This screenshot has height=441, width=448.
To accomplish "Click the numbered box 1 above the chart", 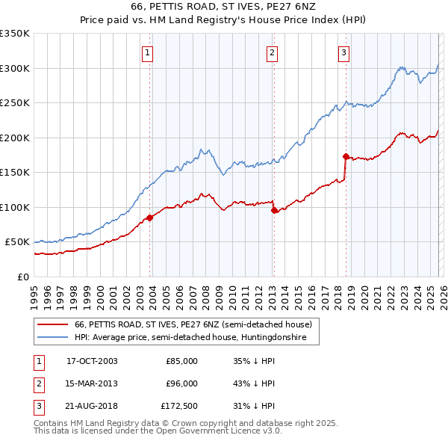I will tap(148, 52).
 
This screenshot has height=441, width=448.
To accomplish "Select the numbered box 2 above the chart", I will tap(272, 52).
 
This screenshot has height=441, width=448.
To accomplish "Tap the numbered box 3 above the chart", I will tap(343, 52).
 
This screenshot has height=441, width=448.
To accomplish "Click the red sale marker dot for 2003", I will tap(150, 218).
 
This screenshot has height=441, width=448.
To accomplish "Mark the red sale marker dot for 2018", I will tap(346, 156).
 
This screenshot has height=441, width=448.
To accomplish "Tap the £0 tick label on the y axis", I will tap(22, 277).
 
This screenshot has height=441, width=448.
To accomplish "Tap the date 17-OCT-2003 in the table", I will tap(92, 361).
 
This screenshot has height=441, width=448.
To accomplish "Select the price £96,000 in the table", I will tap(181, 383).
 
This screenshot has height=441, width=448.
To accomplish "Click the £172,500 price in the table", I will tap(178, 407).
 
